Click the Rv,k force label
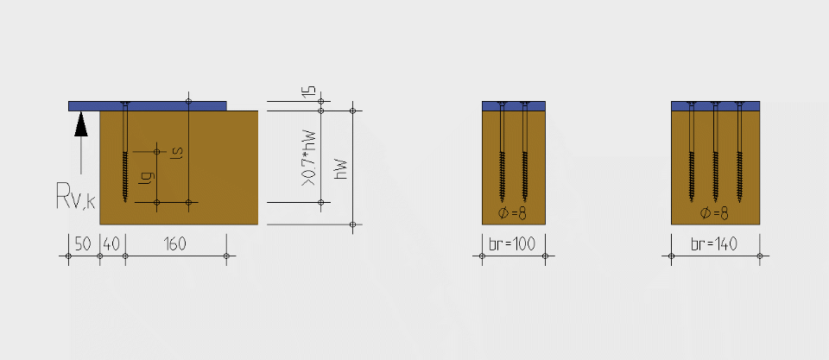[x=76, y=196]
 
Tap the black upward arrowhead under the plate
[x=81, y=125]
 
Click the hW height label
[x=342, y=168]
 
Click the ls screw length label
[x=178, y=152]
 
